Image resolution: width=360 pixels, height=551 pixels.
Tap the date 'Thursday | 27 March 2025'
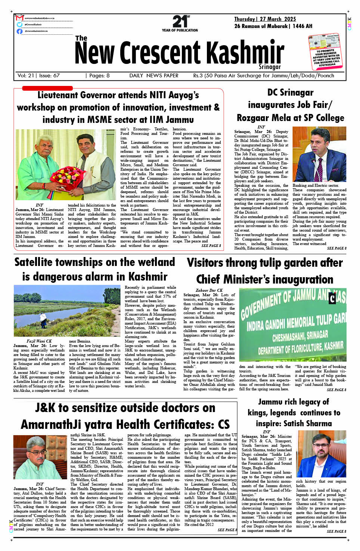click(x=265, y=19)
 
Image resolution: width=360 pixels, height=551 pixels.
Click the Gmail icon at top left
click(x=19, y=18)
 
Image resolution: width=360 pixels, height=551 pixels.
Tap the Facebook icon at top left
click(x=19, y=31)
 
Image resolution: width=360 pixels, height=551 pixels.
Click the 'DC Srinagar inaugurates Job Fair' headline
click(x=290, y=105)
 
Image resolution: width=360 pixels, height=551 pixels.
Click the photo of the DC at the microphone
click(x=319, y=154)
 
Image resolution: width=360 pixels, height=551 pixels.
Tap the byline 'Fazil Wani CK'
click(x=39, y=341)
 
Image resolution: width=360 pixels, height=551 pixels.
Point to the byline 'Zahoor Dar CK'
click(x=209, y=290)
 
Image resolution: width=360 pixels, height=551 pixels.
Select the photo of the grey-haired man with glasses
click(x=40, y=457)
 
